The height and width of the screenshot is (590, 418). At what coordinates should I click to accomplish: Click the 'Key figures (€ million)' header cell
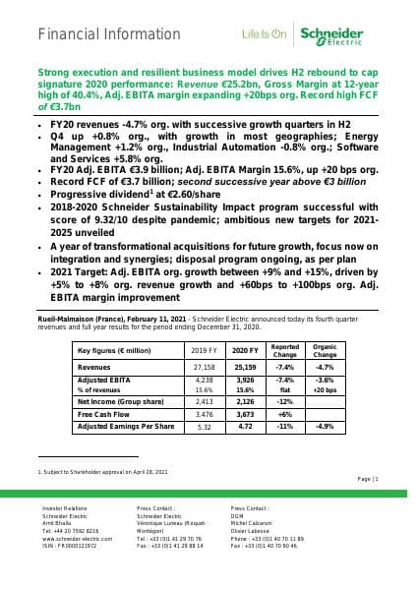113,349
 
